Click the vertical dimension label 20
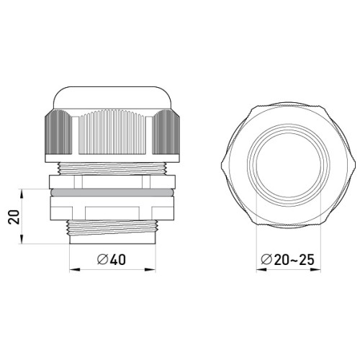pyautogui.click(x=14, y=217)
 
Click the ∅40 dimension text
pyautogui.click(x=112, y=259)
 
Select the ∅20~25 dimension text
pyautogui.click(x=287, y=259)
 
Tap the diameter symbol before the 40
pyautogui.click(x=102, y=259)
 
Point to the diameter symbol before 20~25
pyautogui.click(x=266, y=259)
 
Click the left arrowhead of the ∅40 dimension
pyautogui.click(x=74, y=270)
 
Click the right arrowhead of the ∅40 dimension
pyautogui.click(x=150, y=270)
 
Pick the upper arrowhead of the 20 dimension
pyautogui.click(x=22, y=194)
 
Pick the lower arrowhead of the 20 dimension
pyautogui.click(x=22, y=238)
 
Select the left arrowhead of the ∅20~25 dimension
pyautogui.click(x=261, y=270)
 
